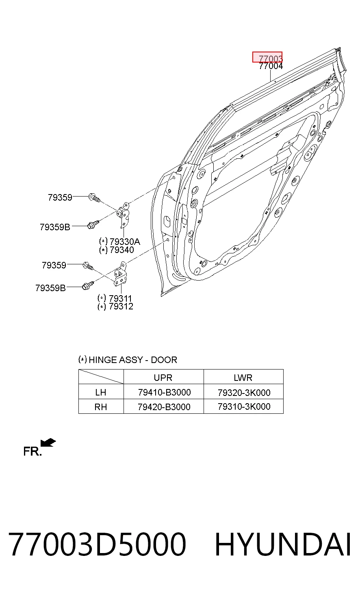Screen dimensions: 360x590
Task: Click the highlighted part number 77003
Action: (270, 58)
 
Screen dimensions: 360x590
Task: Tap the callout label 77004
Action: (271, 66)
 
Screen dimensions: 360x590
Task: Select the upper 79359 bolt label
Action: (60, 197)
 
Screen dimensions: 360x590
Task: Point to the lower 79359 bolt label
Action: (54, 265)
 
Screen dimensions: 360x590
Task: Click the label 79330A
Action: (125, 242)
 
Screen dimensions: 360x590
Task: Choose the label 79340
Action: (122, 250)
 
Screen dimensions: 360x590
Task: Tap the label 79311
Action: (120, 298)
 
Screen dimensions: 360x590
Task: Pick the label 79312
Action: (121, 306)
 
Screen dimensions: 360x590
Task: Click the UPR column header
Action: (163, 378)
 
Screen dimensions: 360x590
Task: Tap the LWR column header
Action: (243, 378)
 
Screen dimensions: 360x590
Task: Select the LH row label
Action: (101, 393)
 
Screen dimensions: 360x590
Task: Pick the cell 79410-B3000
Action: (165, 393)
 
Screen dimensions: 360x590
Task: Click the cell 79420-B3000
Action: (164, 407)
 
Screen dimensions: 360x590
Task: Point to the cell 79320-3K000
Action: (244, 393)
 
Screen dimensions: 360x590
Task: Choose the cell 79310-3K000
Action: (244, 407)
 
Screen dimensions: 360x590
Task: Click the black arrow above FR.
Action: (48, 443)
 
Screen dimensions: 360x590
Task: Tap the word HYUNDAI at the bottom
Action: (283, 544)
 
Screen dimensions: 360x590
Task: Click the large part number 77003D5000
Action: (98, 544)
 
